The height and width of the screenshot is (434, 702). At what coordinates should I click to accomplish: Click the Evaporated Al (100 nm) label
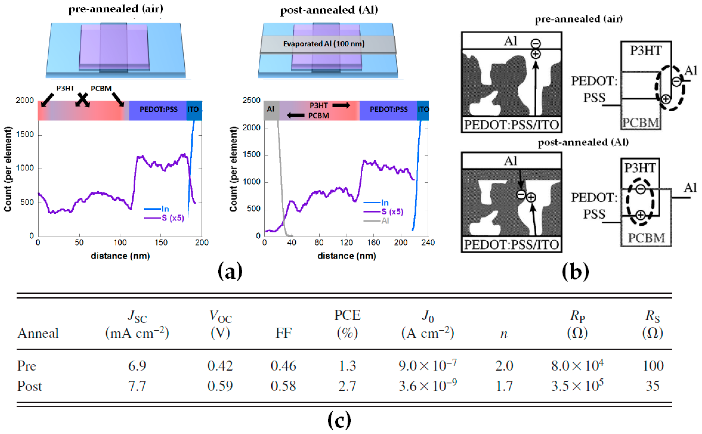click(323, 44)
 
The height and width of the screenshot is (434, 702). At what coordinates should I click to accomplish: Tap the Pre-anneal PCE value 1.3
click(347, 366)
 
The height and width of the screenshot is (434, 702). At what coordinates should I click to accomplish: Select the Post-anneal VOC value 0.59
click(220, 386)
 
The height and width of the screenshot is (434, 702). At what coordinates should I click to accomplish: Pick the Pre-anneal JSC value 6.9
click(137, 366)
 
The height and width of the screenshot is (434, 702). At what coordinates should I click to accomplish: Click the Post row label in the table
click(29, 386)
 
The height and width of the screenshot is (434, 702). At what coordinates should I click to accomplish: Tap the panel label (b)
click(575, 271)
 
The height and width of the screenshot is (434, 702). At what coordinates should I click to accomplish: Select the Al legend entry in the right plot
click(385, 221)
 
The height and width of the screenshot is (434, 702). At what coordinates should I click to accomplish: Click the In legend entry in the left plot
click(165, 209)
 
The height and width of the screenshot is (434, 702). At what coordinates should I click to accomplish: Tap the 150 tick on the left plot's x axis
click(161, 243)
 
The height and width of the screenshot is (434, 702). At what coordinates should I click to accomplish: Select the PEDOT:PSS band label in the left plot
click(159, 109)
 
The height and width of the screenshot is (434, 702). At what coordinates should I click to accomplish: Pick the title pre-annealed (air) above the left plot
click(116, 9)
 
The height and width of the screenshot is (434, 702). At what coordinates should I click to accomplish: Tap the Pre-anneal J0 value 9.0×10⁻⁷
click(427, 365)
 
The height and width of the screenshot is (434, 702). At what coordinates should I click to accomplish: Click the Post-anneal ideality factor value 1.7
click(504, 386)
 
